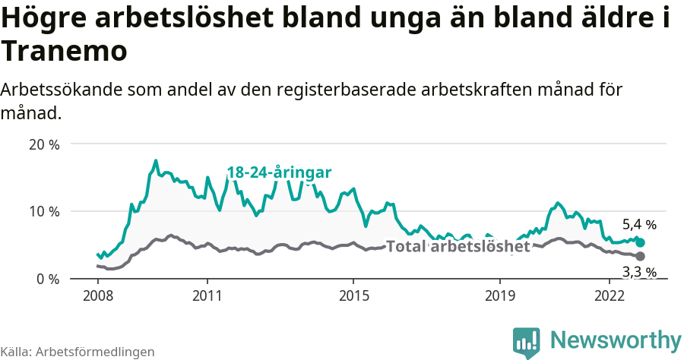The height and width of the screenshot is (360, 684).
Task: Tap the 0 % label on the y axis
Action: pyautogui.click(x=49, y=279)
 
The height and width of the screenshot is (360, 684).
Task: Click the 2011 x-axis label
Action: pyautogui.click(x=207, y=295)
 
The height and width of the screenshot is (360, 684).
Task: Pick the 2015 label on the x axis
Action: pyautogui.click(x=353, y=295)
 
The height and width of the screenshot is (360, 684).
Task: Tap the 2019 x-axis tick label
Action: pyautogui.click(x=500, y=295)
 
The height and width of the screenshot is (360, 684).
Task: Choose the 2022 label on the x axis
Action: pyautogui.click(x=610, y=295)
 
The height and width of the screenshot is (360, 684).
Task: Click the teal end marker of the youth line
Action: pyautogui.click(x=640, y=242)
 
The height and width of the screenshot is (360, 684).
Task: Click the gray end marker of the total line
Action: pyautogui.click(x=640, y=257)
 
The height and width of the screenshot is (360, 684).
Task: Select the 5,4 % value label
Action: pyautogui.click(x=639, y=225)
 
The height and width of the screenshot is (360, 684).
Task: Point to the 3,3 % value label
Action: pyautogui.click(x=639, y=272)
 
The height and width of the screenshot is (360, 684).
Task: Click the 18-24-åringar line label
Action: pyautogui.click(x=279, y=172)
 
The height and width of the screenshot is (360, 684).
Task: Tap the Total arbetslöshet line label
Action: pyautogui.click(x=458, y=246)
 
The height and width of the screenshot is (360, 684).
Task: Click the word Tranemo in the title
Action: pyautogui.click(x=63, y=52)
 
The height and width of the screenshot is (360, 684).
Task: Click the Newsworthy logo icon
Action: pyautogui.click(x=527, y=343)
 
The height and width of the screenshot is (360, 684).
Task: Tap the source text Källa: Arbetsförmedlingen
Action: pyautogui.click(x=78, y=352)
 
